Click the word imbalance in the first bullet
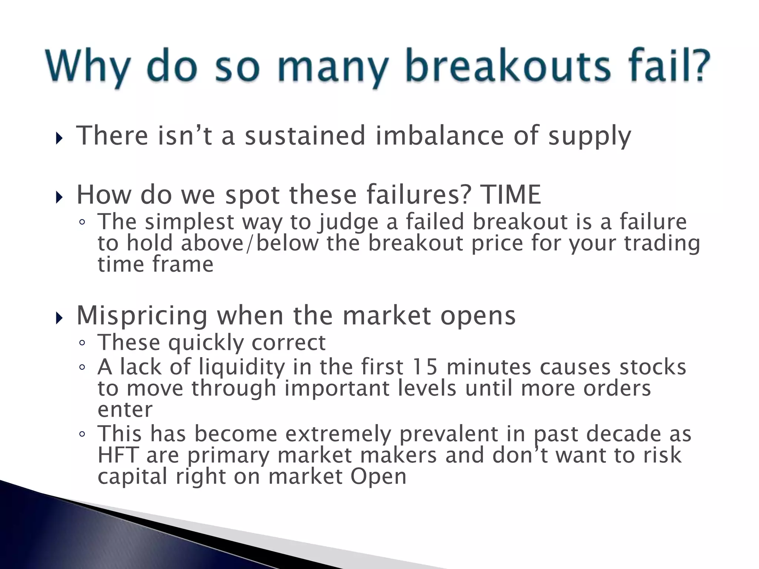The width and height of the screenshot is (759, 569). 440,136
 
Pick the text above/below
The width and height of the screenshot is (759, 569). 250,244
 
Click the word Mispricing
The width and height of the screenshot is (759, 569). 142,316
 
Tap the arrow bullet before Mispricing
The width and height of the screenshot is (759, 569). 59,318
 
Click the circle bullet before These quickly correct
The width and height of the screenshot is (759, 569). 82,343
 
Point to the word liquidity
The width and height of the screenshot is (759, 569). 241,368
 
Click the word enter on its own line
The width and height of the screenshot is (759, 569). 125,410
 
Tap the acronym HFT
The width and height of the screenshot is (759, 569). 118,455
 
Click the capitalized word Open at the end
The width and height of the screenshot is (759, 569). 378,477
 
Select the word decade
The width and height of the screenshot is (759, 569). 623,434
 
